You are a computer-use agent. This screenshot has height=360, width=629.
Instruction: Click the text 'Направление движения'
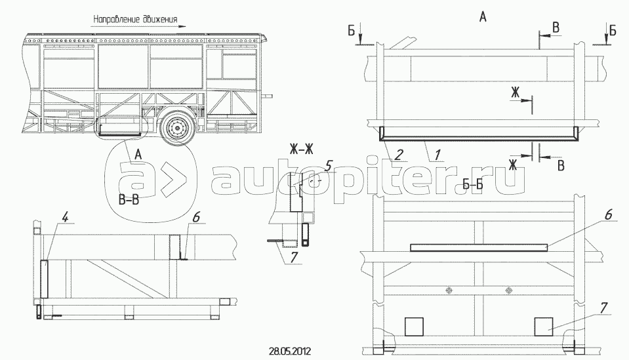coord(135,19)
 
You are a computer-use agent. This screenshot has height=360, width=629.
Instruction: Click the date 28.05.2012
coord(290,351)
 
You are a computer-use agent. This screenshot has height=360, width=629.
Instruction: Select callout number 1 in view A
coord(437,154)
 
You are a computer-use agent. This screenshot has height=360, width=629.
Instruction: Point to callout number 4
coord(65,217)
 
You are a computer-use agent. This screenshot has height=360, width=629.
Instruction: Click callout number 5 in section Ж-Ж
coord(329,165)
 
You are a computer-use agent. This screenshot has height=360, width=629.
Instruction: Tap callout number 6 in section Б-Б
coord(608,215)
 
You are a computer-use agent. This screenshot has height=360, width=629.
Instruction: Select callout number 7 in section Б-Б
coord(603,308)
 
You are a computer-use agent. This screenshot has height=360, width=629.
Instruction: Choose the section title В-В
coord(129,199)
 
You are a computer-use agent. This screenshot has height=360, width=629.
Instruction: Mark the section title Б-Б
coord(472,185)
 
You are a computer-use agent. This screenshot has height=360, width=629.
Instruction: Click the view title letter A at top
coord(483,17)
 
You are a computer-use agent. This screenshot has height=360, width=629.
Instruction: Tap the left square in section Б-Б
coord(414,327)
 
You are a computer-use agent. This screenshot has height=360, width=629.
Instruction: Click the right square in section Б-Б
coord(544,327)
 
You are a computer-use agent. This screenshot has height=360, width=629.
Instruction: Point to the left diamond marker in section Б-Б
coord(449,290)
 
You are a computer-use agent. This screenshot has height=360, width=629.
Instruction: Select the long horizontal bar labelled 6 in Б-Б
coord(479,248)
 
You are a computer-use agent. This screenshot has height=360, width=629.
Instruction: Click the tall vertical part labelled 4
coord(44,279)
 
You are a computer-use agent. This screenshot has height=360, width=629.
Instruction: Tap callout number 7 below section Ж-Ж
coord(294,257)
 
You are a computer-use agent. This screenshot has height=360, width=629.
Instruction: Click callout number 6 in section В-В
coord(195,217)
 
